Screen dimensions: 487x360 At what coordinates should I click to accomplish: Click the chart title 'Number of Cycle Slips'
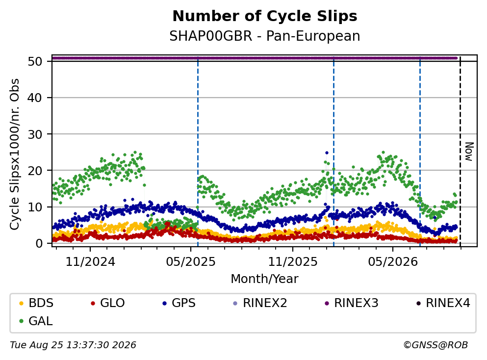[265, 16]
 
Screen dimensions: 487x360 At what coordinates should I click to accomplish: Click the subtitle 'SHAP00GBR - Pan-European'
[265, 36]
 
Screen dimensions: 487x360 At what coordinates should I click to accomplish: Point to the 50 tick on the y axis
[35, 61]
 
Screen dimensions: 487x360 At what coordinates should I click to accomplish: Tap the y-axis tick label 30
[35, 134]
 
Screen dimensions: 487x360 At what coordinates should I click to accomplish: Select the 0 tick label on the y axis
[39, 243]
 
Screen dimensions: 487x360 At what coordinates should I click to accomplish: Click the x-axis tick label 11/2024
[90, 262]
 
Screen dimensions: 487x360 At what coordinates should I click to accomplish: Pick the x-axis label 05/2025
[190, 262]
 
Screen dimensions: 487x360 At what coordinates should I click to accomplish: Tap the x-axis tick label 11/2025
[293, 262]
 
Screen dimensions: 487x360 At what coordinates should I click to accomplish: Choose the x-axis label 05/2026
[393, 262]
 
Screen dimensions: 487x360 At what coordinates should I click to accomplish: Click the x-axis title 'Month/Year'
[265, 279]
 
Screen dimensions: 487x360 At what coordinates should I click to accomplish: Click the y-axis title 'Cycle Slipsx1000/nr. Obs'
[15, 154]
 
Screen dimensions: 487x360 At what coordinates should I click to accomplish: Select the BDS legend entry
[36, 303]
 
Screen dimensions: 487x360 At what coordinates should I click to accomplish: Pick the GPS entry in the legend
[179, 303]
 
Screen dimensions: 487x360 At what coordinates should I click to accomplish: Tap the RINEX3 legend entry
[352, 303]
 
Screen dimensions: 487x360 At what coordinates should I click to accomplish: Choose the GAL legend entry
[36, 321]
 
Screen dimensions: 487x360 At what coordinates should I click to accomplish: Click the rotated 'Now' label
[469, 152]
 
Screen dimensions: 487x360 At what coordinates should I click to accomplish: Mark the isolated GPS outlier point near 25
[327, 153]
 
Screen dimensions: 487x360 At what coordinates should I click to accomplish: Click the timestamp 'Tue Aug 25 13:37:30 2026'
[73, 345]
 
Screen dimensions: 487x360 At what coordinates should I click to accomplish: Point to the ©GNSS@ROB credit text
[436, 345]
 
